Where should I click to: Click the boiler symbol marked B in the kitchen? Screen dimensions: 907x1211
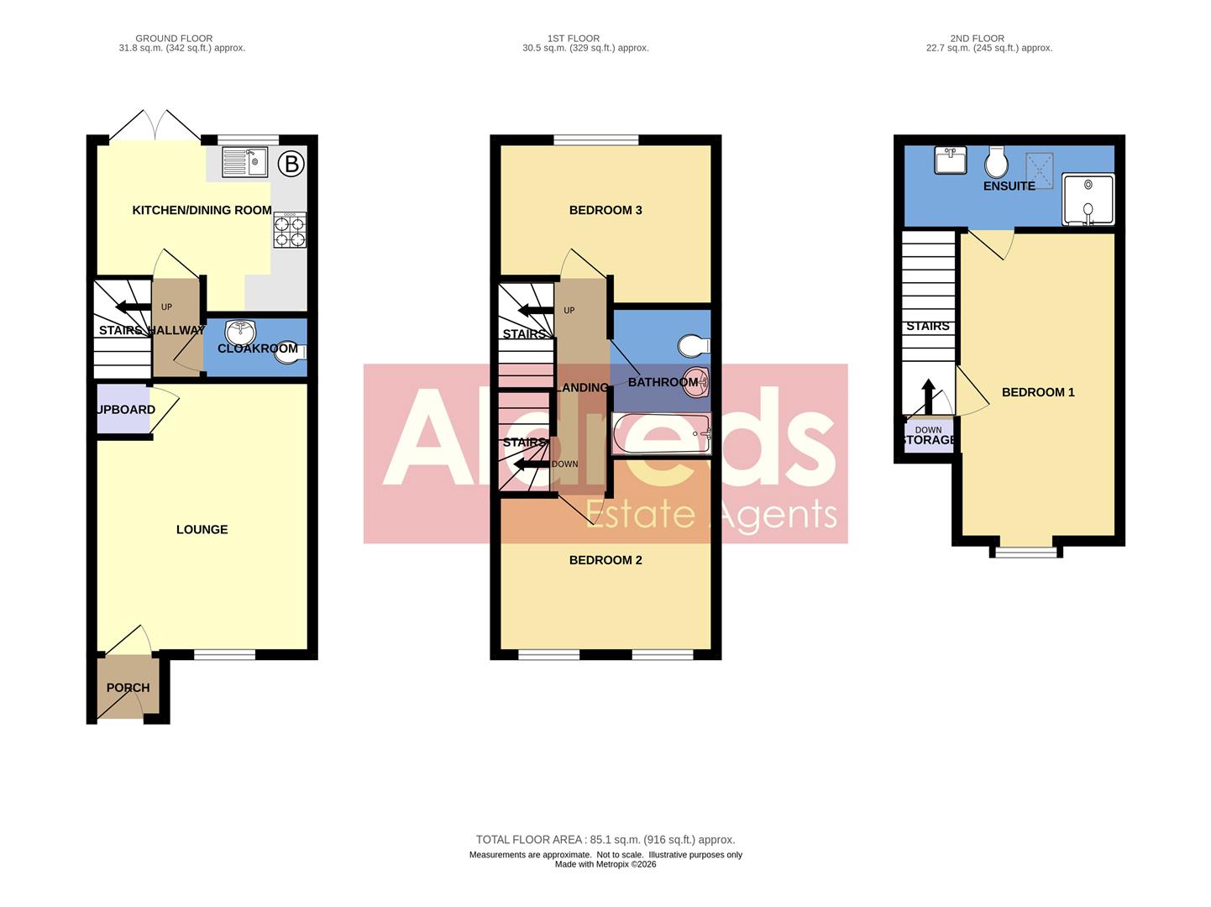(x=291, y=164)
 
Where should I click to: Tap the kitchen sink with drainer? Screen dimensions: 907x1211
(x=244, y=162)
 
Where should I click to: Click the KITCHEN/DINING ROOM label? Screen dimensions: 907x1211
(x=202, y=210)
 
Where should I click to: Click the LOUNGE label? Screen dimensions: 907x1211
(x=202, y=529)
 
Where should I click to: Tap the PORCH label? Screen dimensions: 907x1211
(x=128, y=687)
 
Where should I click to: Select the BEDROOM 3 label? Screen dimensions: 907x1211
(x=605, y=210)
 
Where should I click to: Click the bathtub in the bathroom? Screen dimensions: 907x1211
(x=662, y=433)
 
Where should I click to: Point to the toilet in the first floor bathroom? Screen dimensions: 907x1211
(x=694, y=345)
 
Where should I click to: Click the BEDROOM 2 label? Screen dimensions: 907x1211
(x=605, y=560)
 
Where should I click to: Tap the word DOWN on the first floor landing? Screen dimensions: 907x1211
(x=565, y=464)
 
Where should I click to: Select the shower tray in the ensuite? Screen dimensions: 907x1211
(x=1088, y=199)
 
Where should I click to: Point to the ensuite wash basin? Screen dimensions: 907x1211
(x=951, y=160)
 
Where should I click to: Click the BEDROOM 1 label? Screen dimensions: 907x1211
(x=1038, y=392)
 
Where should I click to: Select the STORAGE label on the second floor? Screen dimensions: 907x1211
(x=928, y=440)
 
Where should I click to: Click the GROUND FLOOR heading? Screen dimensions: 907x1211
(x=174, y=39)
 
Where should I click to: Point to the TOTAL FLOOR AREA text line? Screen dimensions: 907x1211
(x=605, y=839)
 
